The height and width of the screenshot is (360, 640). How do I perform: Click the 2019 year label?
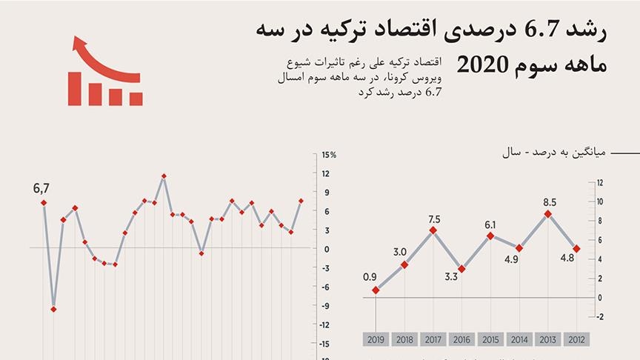pos(376,339)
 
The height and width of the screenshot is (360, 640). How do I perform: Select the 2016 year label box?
pos(461,339)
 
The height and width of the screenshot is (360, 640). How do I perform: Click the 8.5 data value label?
pos(550,201)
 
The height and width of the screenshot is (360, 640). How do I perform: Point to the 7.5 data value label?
pos(433,219)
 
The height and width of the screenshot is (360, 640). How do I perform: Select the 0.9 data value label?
pos(370,277)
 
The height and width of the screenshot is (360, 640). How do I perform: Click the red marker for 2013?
pos(548,214)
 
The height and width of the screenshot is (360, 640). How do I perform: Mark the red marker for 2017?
pos(433,230)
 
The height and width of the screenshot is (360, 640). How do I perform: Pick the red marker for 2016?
pos(461,269)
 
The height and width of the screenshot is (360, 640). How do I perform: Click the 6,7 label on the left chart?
pos(41,190)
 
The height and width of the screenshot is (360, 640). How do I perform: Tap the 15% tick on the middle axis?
pos(328,155)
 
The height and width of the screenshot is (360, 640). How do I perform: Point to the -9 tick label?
pos(326,306)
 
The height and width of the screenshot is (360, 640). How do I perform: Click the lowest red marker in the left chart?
pos(53,309)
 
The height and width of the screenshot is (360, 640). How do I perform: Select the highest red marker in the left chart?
pos(164,176)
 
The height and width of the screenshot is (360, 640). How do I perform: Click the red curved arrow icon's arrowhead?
pos(76,44)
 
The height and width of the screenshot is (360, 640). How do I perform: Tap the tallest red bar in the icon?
pos(75,87)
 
